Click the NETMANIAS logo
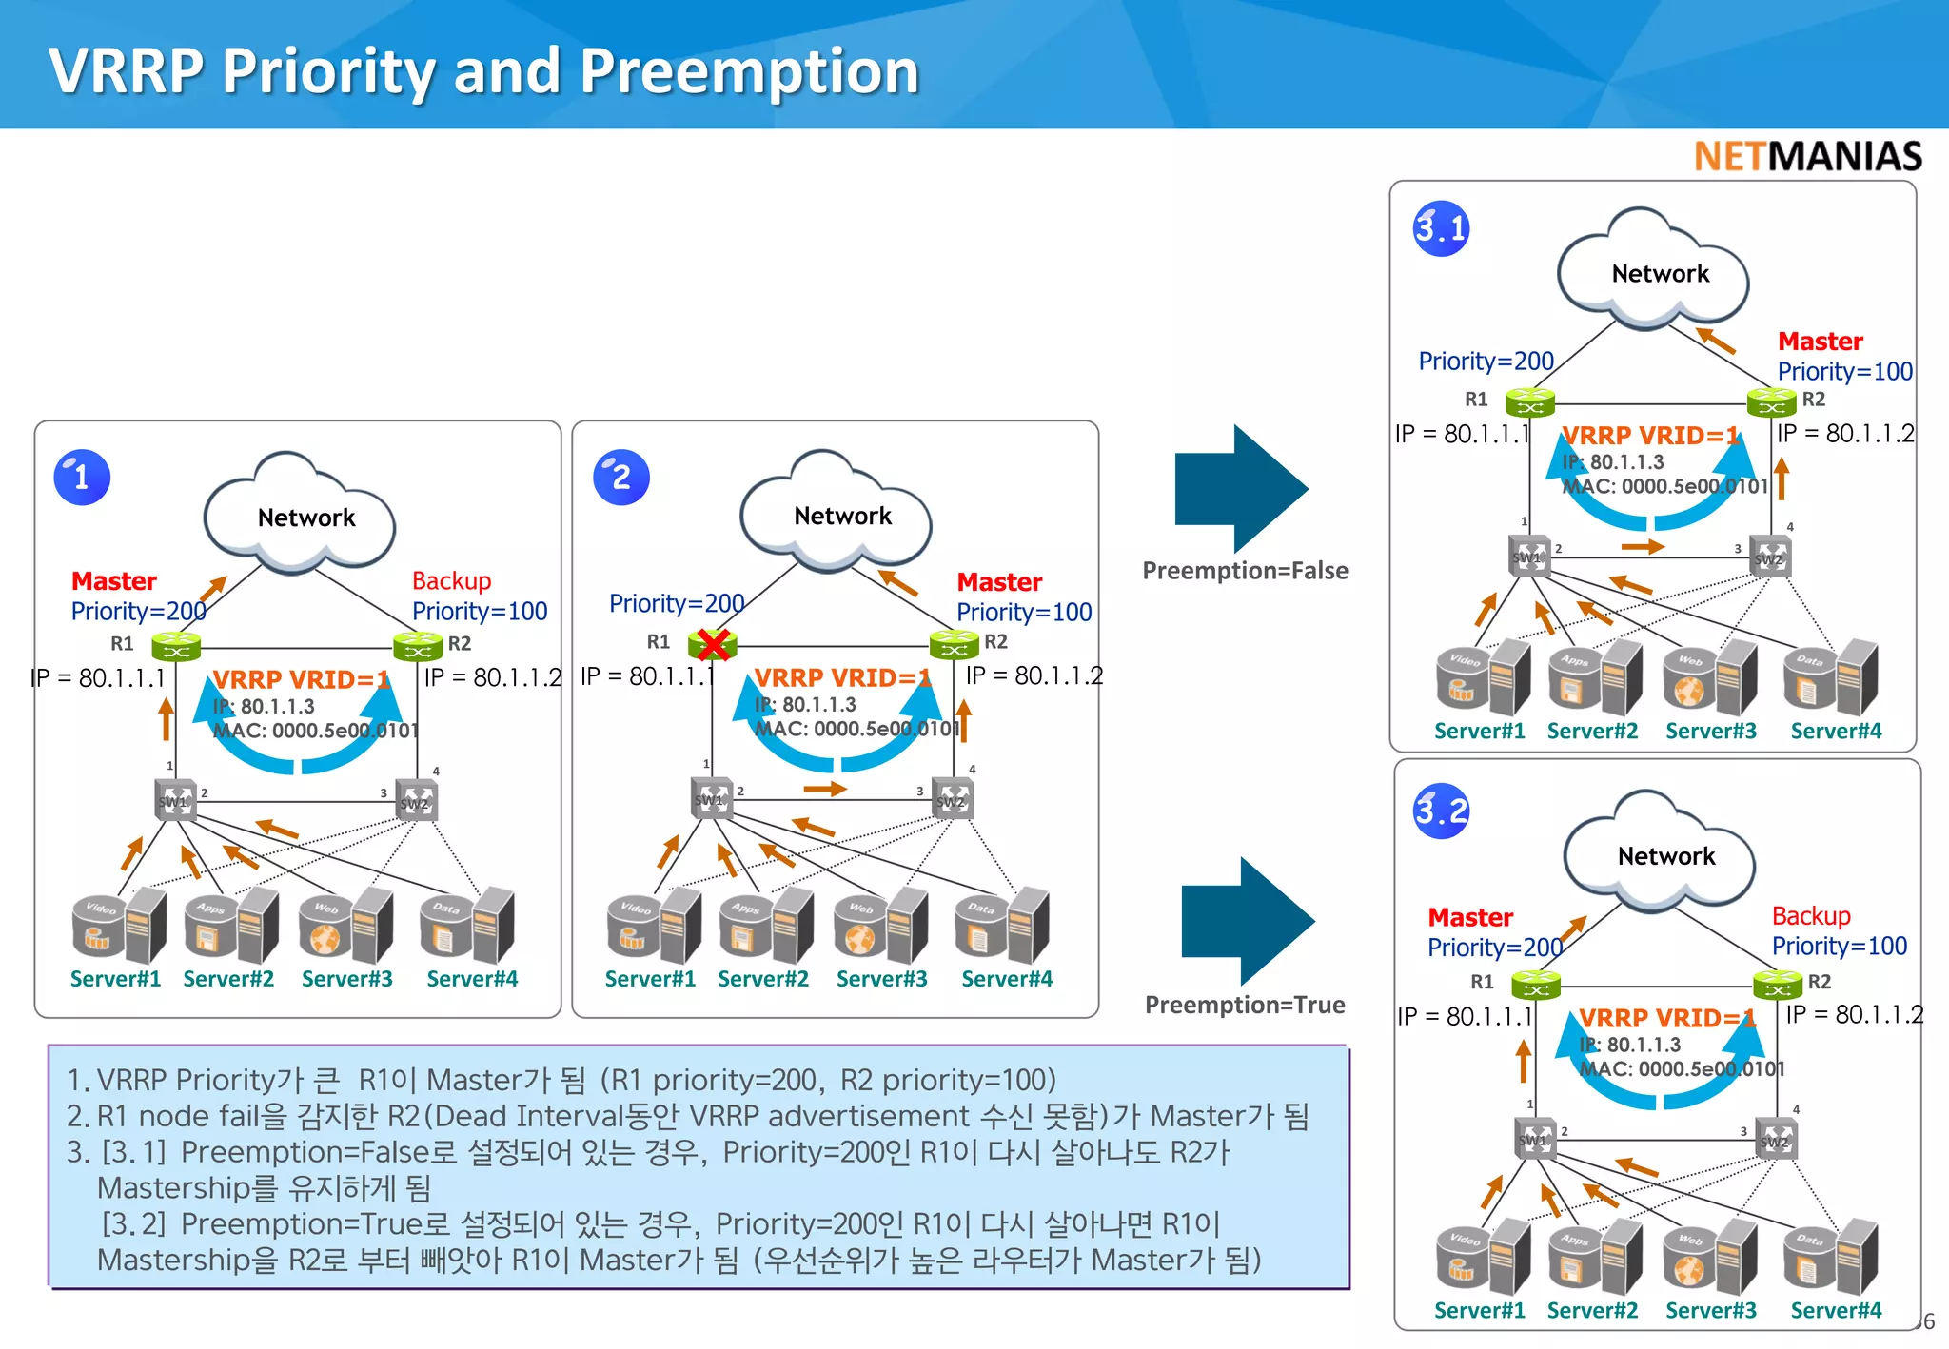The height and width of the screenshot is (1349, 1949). (1807, 156)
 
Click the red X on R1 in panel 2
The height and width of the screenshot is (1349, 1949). (713, 644)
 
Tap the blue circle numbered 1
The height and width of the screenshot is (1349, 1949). (82, 477)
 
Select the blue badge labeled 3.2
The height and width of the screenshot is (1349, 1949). (1441, 811)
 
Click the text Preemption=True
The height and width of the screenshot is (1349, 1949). (1245, 1005)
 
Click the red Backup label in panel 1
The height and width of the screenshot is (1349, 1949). (451, 580)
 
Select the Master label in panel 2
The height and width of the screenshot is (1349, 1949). (999, 581)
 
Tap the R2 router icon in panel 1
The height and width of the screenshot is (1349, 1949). (418, 649)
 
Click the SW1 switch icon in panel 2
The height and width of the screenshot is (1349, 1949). (711, 797)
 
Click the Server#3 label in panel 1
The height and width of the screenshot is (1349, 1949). (346, 979)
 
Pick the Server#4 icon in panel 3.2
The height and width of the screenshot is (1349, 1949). (1831, 1257)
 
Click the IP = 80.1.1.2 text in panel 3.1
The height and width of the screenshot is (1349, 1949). (1844, 434)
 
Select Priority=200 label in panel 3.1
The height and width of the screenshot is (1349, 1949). (1486, 361)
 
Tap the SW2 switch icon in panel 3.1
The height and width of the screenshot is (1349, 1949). (1771, 557)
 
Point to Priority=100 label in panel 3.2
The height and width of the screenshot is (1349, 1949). (1839, 946)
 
